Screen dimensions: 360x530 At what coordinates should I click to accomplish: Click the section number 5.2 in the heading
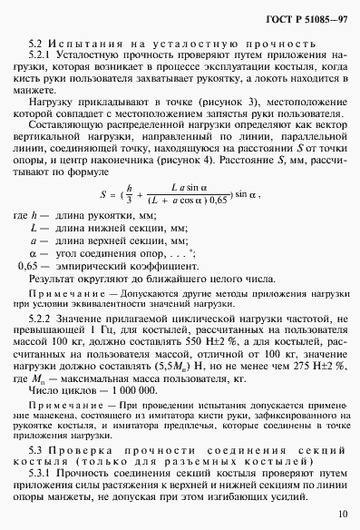click(x=37, y=43)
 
